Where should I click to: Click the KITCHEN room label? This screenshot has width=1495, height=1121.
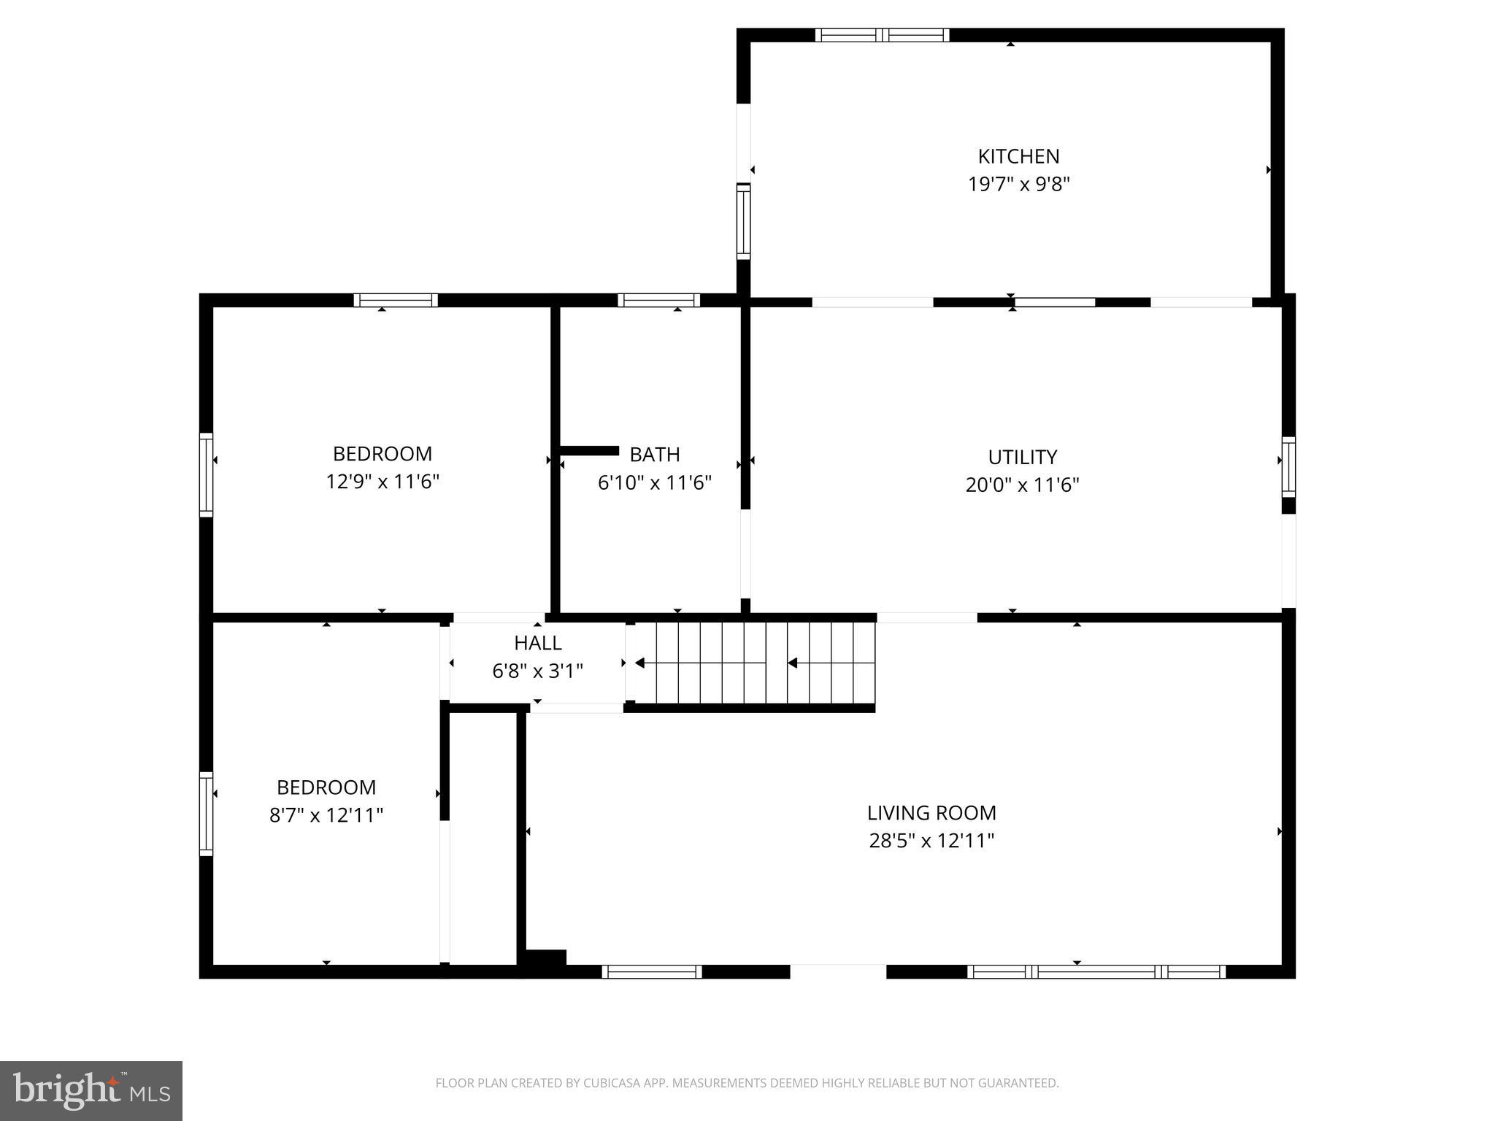coord(1018,156)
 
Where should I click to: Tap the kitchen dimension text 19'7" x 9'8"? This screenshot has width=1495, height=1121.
coord(1018,184)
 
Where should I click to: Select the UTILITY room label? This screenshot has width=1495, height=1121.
coord(1022,457)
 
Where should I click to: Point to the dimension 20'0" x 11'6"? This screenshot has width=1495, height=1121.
coord(1022,485)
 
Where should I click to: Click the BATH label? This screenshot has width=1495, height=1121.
coord(655,455)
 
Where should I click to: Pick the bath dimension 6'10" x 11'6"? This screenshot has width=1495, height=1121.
coord(655,482)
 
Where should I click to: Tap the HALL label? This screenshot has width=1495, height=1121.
coord(538,643)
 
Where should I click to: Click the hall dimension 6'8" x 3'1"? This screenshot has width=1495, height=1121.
coord(538,671)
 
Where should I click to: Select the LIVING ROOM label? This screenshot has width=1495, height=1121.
coord(931,812)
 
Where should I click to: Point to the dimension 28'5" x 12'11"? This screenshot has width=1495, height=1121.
coord(931,841)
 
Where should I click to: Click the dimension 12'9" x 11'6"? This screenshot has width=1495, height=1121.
coord(383,482)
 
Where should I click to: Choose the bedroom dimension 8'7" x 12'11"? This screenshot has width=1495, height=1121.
coord(326,814)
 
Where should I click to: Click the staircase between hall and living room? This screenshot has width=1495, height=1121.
coord(752,663)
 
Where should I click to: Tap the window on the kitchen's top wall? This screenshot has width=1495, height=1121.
coord(882,35)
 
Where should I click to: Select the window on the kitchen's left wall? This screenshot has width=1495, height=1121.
coord(743,221)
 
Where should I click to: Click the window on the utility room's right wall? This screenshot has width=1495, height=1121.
coord(1288,467)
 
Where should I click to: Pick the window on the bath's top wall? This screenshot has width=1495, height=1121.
coord(658,300)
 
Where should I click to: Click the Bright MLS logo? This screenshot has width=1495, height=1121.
coord(91,1090)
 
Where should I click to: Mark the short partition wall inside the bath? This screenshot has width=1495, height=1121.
coord(589,450)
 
